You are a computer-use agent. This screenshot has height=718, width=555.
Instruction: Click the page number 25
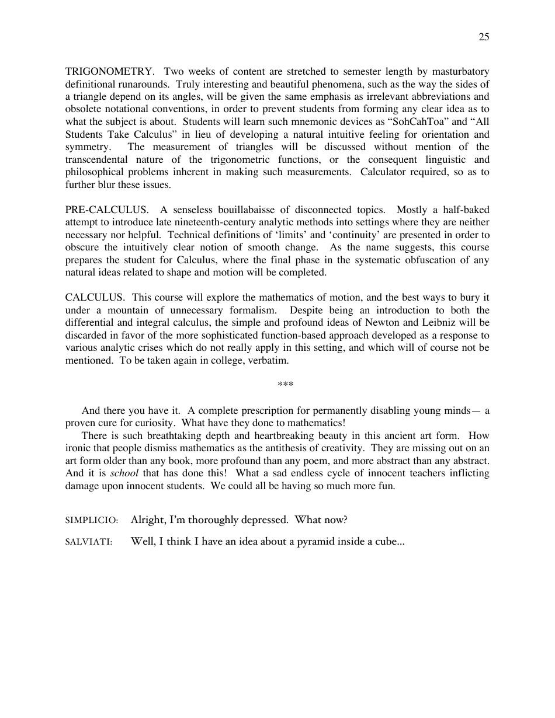pos(484,37)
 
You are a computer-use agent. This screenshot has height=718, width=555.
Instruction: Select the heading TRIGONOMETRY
pos(109,72)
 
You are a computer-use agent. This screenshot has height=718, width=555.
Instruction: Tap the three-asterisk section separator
pos(285,384)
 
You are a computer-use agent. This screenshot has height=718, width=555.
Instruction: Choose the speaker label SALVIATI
pos(89,542)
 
